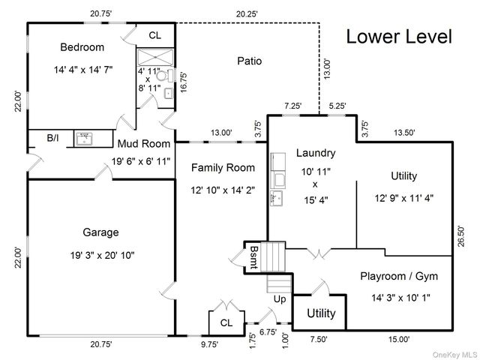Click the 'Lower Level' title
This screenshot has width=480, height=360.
399,37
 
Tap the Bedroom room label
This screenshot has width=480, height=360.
82,47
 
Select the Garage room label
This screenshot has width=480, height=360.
100,232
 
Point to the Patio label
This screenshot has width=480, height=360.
250,61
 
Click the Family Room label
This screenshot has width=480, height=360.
223,168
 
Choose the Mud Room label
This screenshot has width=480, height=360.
144,143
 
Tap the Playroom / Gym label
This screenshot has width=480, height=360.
399,276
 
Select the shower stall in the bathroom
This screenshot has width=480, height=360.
155,57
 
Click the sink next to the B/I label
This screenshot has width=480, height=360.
85,139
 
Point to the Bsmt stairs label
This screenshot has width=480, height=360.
254,257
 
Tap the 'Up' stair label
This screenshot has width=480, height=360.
280,298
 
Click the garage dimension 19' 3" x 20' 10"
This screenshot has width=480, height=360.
102,255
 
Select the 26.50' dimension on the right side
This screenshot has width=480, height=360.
461,236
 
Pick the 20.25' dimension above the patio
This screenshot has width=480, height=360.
247,14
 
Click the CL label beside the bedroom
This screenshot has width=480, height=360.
155,35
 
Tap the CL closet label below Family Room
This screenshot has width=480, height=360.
226,322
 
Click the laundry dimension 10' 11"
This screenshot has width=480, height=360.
316,172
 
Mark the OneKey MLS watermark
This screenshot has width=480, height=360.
454,355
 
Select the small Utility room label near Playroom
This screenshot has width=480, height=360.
321,313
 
